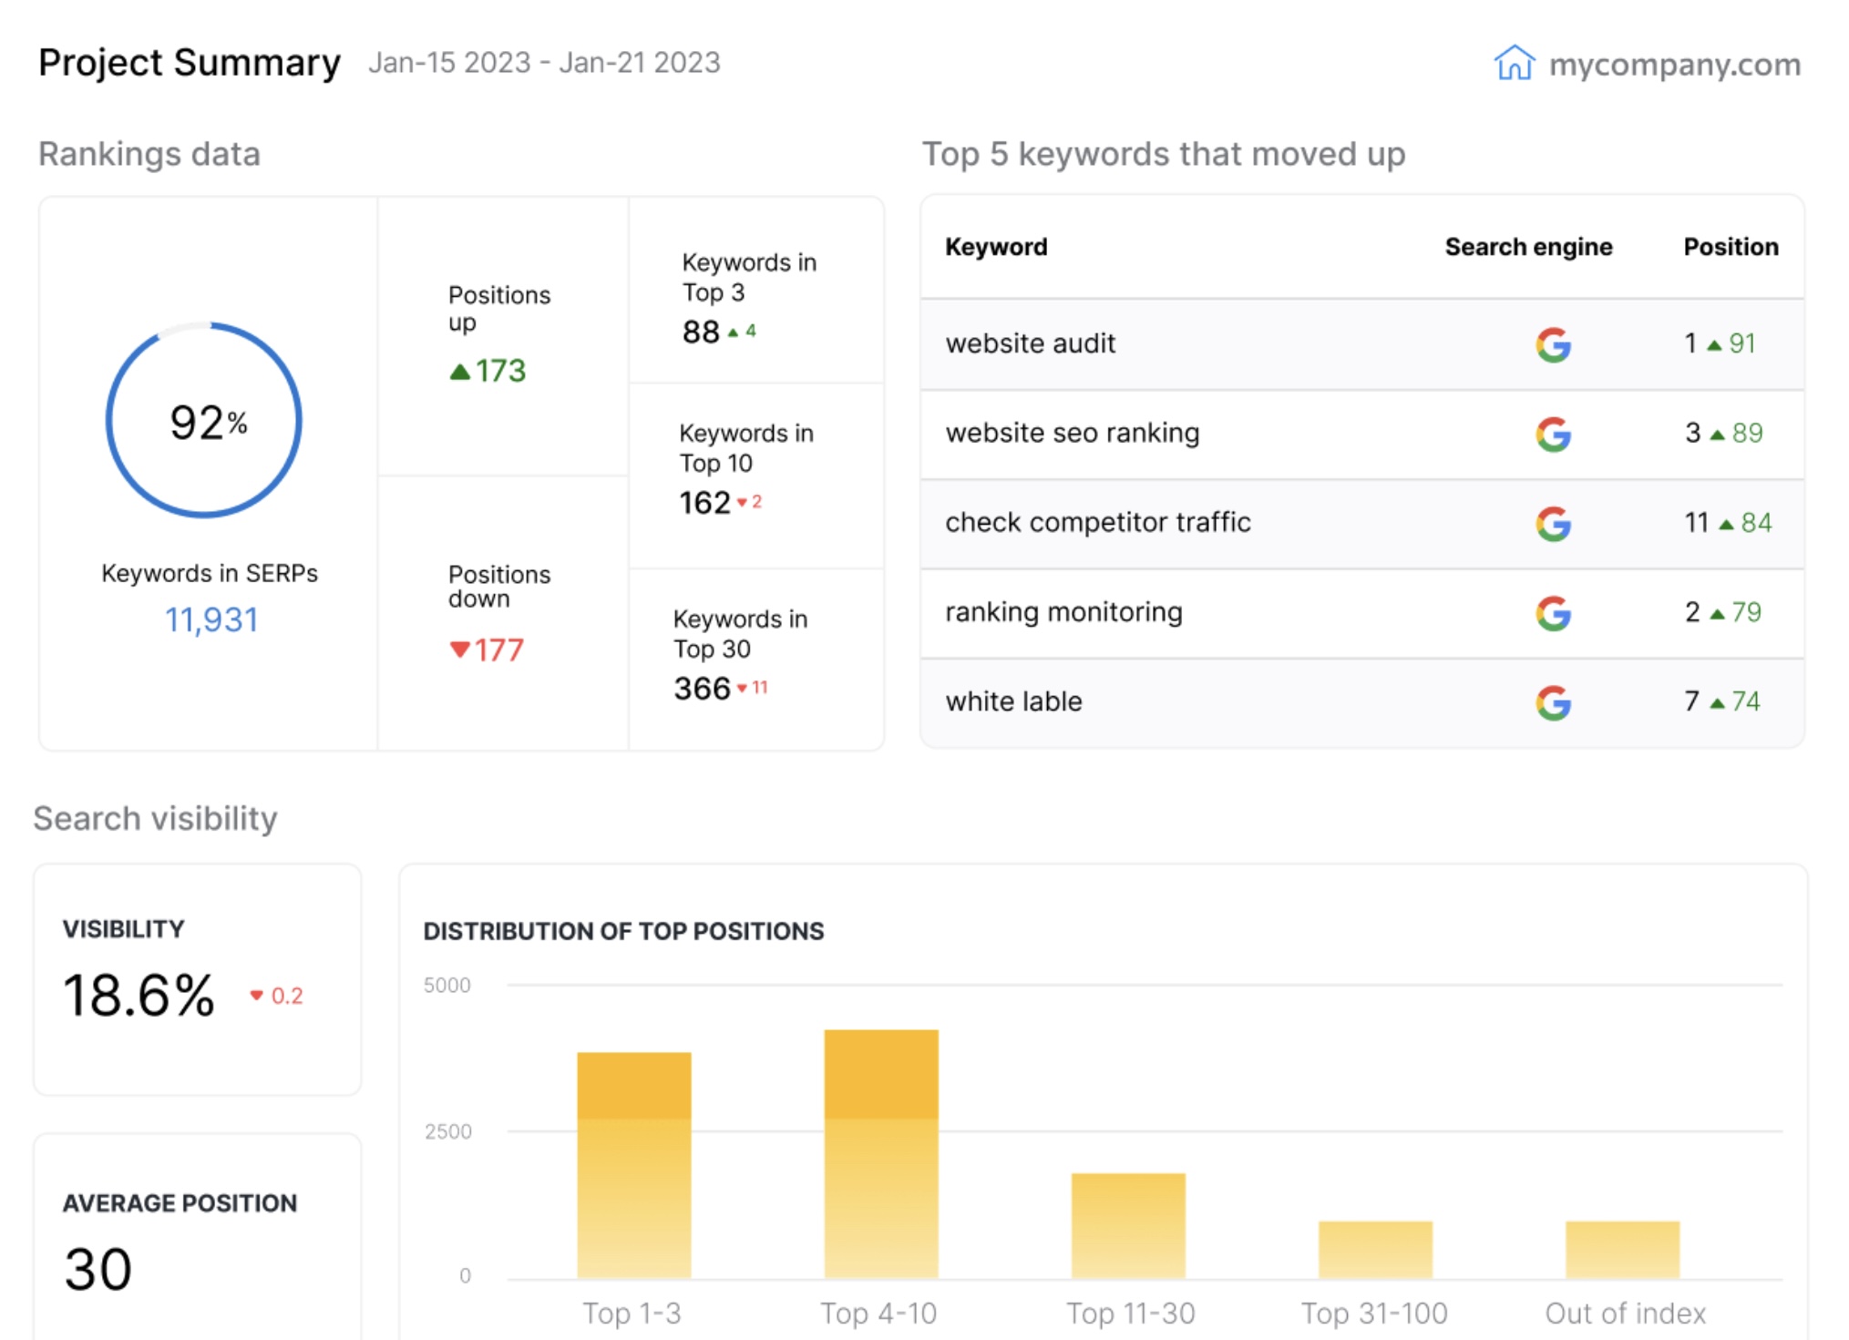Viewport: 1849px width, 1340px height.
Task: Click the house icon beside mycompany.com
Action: [x=1514, y=63]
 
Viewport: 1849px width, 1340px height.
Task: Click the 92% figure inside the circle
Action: [x=208, y=423]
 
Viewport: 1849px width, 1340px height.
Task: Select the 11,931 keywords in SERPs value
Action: [x=211, y=620]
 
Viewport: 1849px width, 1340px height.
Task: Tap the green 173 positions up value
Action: [x=498, y=371]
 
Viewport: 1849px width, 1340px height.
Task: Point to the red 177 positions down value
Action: [x=498, y=650]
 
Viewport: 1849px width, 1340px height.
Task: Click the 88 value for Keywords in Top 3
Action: [x=701, y=332]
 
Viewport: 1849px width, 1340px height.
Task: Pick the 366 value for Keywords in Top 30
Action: [x=702, y=689]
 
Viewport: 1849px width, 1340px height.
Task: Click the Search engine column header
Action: [x=1528, y=247]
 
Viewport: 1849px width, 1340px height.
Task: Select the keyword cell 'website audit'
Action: [x=1030, y=343]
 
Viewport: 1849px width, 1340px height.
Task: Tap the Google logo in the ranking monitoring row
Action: [x=1553, y=613]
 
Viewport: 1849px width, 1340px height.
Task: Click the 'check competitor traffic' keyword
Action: [x=1097, y=522]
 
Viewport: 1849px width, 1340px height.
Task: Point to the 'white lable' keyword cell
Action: [x=1013, y=701]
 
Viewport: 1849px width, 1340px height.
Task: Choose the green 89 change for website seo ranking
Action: [x=1746, y=433]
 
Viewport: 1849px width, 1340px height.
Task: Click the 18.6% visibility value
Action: [x=139, y=995]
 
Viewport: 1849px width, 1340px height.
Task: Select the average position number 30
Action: [x=98, y=1269]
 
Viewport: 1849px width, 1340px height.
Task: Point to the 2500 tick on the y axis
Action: [x=447, y=1131]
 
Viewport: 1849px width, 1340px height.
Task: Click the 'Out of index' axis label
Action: [x=1625, y=1313]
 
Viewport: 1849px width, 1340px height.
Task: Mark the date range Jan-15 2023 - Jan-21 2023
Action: [x=544, y=63]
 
